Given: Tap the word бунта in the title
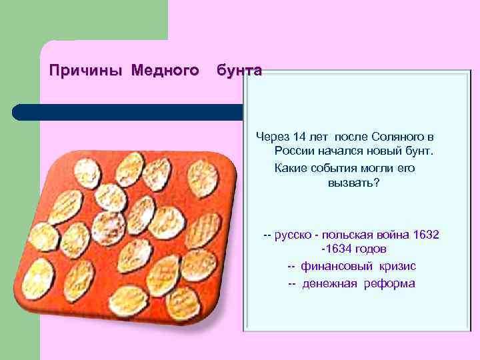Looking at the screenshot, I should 239,70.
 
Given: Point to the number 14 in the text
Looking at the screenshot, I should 298,137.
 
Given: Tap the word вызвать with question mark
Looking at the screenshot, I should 353,183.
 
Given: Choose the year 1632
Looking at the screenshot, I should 426,235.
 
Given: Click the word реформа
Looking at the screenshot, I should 390,283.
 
